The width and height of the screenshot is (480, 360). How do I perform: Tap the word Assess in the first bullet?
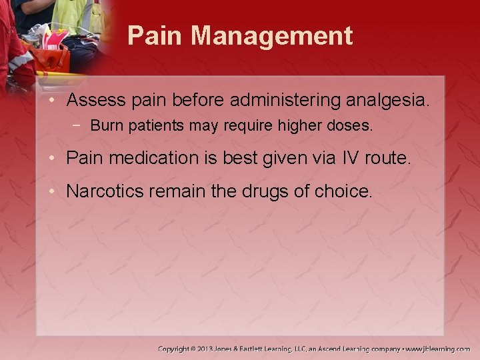(x=96, y=101)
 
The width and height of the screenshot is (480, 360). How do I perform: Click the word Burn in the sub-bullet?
(x=105, y=126)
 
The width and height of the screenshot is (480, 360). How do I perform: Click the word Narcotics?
(x=105, y=191)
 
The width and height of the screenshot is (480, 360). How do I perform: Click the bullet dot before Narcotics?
(x=57, y=192)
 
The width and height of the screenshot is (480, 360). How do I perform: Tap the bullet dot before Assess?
(x=57, y=101)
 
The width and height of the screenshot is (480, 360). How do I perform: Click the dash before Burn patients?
(x=80, y=126)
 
